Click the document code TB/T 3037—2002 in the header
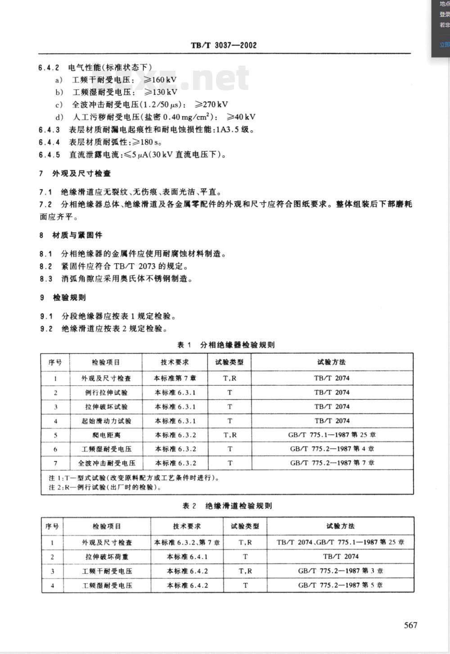pos(224,45)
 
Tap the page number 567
pos(410,625)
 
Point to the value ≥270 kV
pos(211,105)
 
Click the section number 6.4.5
pos(49,155)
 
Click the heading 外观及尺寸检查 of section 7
pos(81,174)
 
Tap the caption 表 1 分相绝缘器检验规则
pos(225,345)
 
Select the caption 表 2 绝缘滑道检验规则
pos(227,506)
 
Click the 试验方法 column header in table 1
pos(332,362)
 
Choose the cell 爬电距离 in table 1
pos(106,435)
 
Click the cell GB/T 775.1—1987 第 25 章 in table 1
pos(332,435)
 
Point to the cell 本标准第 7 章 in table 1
pos(175,378)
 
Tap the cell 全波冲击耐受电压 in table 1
pos(106,463)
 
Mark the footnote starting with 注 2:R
pos(106,487)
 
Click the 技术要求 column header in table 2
pos(187,526)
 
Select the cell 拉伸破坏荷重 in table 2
pos(107,557)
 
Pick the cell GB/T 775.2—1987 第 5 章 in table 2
pos(340,585)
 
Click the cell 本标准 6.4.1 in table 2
pos(187,557)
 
